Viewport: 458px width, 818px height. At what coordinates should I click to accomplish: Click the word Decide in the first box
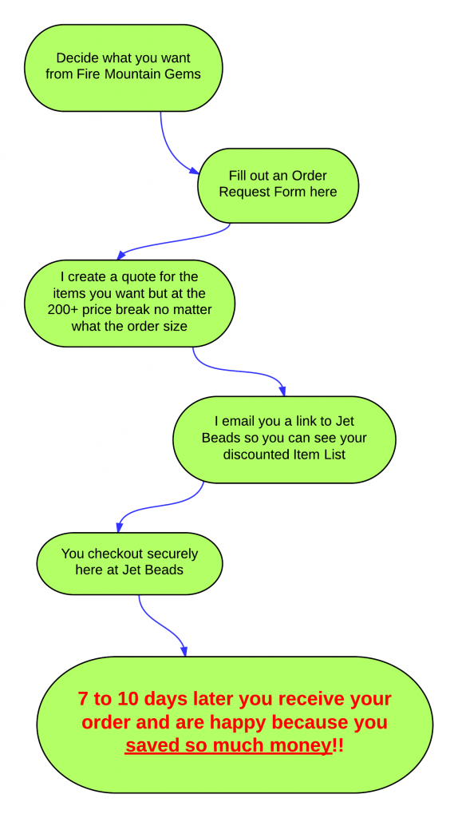point(73,58)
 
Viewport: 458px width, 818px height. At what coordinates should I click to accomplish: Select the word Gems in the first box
point(186,74)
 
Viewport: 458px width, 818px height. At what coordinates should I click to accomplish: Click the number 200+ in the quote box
point(62,309)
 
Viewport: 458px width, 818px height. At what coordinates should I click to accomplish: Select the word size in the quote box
point(176,327)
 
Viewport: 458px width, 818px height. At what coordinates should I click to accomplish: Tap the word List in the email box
point(334,454)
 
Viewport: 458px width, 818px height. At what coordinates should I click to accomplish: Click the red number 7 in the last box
point(82,698)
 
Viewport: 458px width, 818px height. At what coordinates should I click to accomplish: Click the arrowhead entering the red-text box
point(184,651)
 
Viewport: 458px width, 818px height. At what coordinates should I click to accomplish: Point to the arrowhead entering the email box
point(283,391)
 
